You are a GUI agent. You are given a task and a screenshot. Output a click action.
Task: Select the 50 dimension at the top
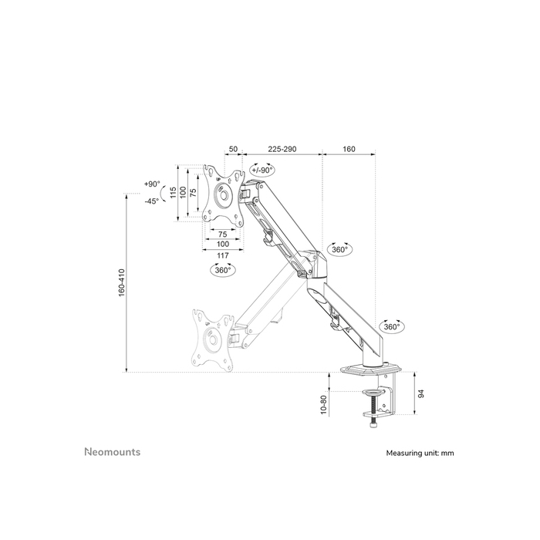tap(231, 148)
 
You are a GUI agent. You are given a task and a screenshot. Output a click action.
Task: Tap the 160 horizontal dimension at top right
tap(348, 148)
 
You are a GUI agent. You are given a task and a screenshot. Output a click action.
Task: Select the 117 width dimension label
tap(223, 255)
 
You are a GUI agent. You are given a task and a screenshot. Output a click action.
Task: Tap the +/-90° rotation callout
tap(262, 170)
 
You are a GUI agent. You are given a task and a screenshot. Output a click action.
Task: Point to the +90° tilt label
tap(151, 184)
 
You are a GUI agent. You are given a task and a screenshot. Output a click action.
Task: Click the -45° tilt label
tap(151, 201)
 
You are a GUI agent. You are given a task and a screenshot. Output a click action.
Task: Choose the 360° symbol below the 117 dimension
tap(223, 271)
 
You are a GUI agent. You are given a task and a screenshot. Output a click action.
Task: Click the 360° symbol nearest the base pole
tap(392, 326)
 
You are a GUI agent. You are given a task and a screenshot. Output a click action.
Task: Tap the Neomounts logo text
tap(112, 452)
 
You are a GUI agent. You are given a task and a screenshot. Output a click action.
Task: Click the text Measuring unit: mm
tap(420, 454)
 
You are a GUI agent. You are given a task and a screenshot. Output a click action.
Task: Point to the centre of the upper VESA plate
tap(223, 195)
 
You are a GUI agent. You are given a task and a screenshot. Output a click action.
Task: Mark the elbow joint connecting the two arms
tap(316, 266)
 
